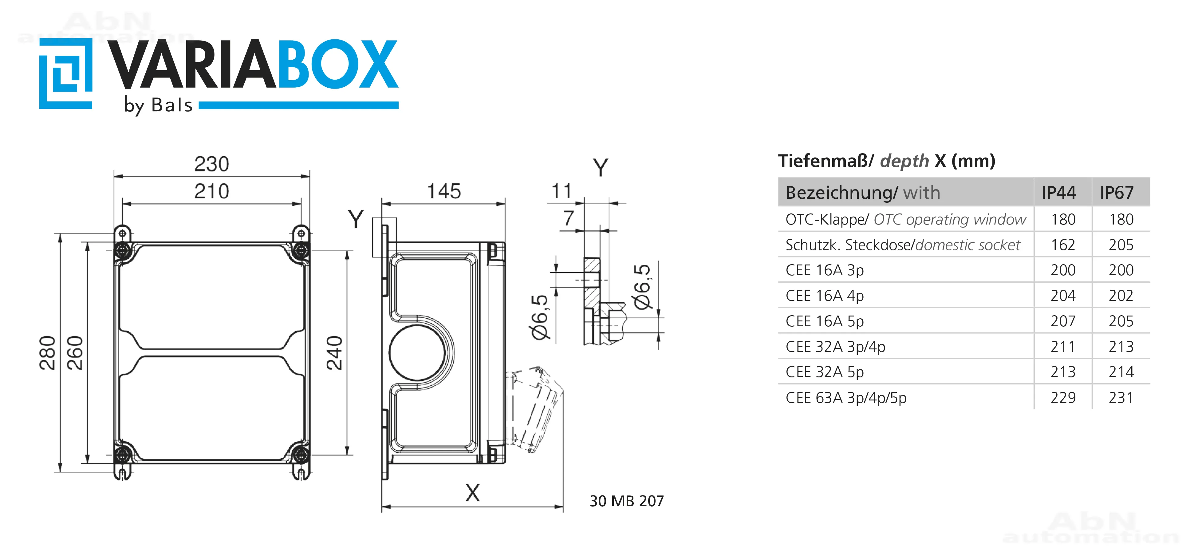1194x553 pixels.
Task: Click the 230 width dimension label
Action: (x=211, y=164)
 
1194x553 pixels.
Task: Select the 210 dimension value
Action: (x=211, y=191)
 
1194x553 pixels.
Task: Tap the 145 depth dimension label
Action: (x=443, y=191)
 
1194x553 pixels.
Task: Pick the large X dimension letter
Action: (x=472, y=493)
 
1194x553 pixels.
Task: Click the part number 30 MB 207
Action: (x=627, y=501)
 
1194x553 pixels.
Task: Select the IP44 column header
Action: (x=1059, y=193)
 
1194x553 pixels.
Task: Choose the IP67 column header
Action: (x=1117, y=193)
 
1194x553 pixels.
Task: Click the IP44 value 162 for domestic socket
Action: (x=1063, y=245)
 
